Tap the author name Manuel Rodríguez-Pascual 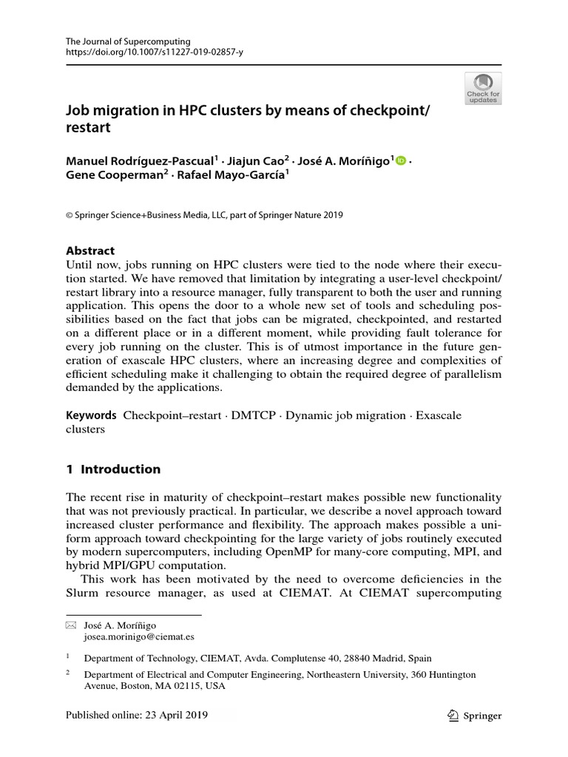(x=139, y=160)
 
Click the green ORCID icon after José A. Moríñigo (x=401, y=160)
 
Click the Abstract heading (x=90, y=251)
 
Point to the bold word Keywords (x=91, y=415)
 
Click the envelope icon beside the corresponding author (x=71, y=625)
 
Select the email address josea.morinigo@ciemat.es (x=138, y=637)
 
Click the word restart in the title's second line (x=88, y=127)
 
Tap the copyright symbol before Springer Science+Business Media (x=70, y=216)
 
